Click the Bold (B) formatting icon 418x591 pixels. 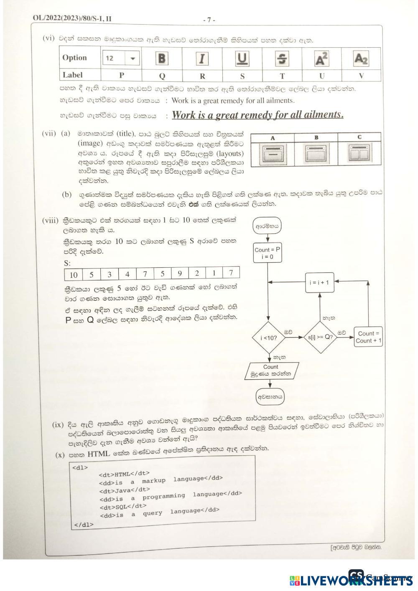tap(161, 58)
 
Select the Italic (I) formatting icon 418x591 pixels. tap(202, 58)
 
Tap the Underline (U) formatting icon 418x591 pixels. tap(242, 58)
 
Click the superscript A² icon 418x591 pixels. tap(321, 58)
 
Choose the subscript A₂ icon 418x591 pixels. tap(361, 58)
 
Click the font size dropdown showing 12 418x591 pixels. tap(121, 58)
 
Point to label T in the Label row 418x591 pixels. tap(282, 76)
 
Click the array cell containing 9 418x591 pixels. tap(180, 274)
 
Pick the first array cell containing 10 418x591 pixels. tap(74, 274)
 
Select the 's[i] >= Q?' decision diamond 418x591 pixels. tap(320, 337)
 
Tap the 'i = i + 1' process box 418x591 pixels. tap(319, 282)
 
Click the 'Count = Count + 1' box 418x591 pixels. tap(369, 337)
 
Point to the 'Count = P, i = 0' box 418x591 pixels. tap(268, 253)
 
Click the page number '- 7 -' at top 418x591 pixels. tap(209, 20)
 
